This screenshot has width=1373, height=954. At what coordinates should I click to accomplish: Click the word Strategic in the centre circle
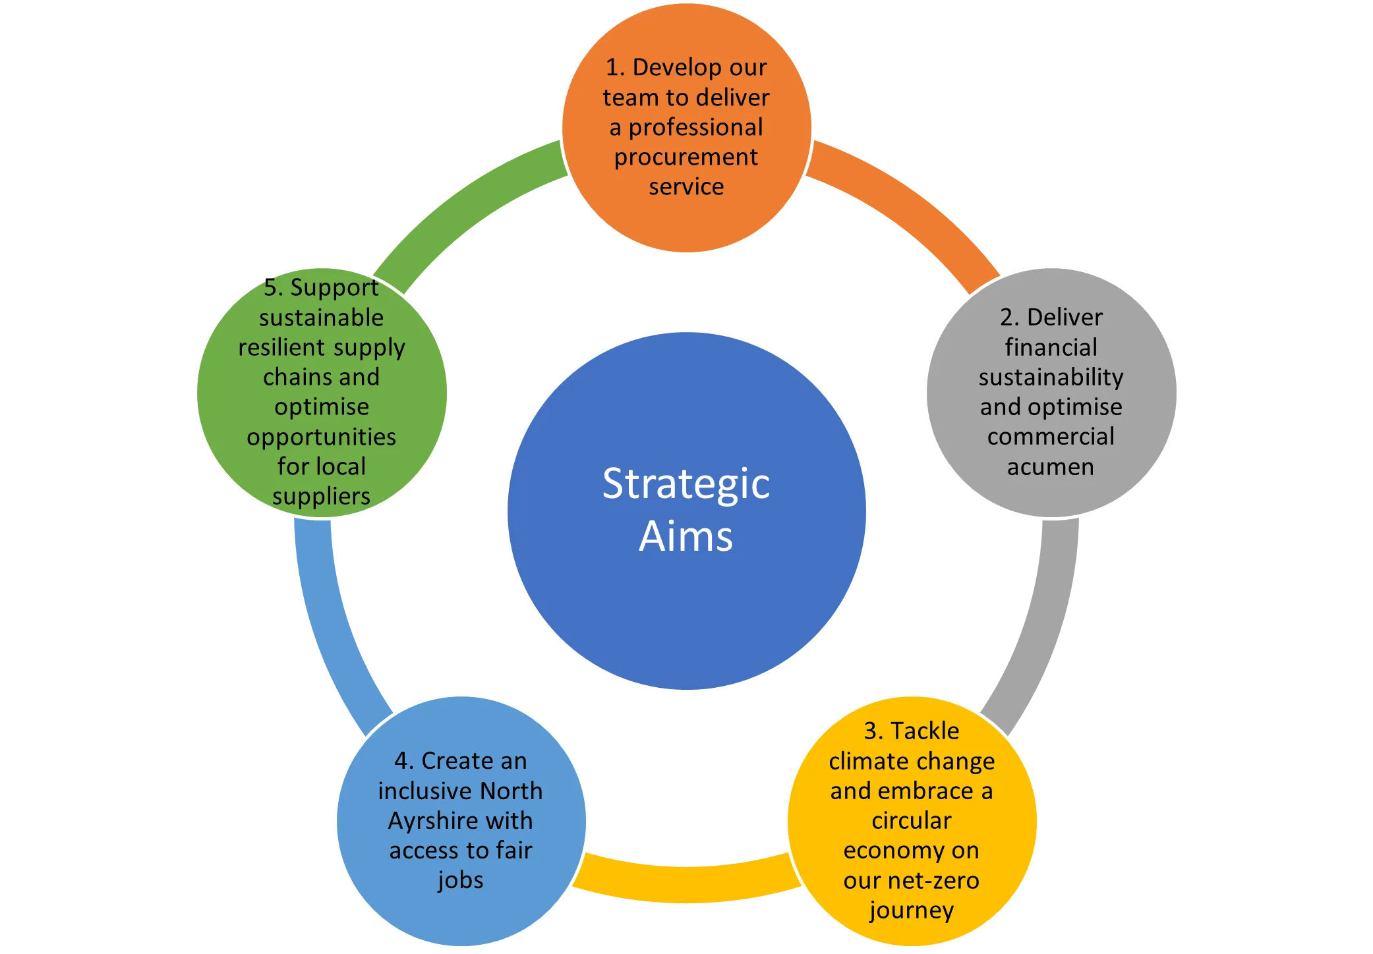coord(686,484)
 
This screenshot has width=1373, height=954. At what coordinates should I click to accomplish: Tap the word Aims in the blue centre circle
coord(686,536)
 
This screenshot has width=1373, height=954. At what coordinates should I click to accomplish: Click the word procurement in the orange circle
coord(686,157)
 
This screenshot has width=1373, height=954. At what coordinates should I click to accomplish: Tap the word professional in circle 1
coord(695,127)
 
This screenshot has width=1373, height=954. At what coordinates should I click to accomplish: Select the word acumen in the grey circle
coord(1051,466)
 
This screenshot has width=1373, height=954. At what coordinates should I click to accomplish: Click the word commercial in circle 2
coord(1051,436)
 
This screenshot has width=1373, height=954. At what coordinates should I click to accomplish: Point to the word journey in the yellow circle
coord(912,911)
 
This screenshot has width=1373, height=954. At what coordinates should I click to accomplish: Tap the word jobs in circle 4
coord(461,880)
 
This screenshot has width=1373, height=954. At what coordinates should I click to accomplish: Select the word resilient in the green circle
coord(281,347)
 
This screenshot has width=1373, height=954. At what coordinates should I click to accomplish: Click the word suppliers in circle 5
coord(321,496)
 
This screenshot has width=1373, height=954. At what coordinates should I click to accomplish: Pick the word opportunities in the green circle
coord(321,437)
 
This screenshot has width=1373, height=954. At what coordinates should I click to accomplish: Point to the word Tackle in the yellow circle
coord(925,731)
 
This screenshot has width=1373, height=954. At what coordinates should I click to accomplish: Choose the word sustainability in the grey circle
coord(1051,377)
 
